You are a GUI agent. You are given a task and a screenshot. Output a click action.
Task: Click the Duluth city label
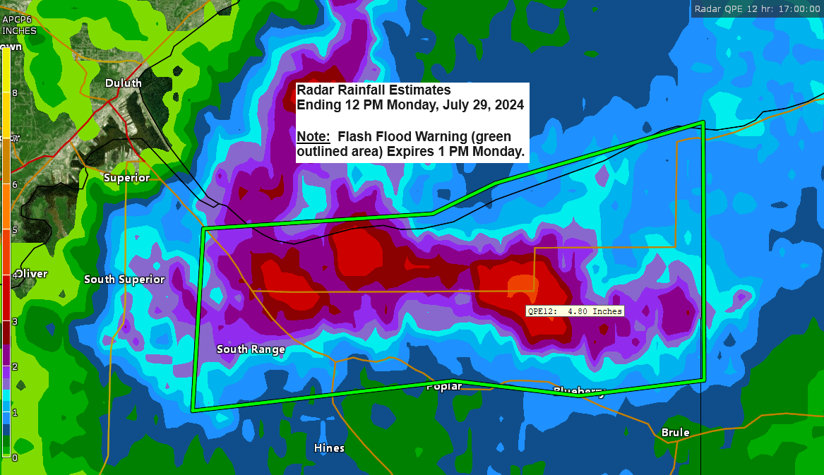[x=123, y=83]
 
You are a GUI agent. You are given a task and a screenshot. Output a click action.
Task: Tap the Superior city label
[x=126, y=178]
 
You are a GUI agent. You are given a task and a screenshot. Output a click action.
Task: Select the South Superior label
[x=124, y=279]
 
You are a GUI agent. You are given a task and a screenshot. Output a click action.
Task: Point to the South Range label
[x=251, y=349]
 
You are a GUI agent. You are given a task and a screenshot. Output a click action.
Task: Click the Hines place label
[x=329, y=448]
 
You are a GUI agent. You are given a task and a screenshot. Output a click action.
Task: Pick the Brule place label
[x=675, y=433]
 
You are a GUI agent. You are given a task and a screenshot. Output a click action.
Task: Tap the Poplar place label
[x=444, y=387]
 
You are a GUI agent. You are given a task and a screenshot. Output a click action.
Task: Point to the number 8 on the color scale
[x=14, y=93]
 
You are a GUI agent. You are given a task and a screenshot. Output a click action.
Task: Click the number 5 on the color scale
[x=14, y=230]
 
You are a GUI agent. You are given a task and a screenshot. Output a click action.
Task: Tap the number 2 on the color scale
[x=14, y=366]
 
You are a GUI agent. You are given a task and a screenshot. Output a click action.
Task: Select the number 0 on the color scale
[x=14, y=457]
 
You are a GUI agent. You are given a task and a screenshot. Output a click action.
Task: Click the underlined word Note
[x=311, y=136]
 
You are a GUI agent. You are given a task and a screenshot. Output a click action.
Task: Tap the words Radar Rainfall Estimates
[x=374, y=90]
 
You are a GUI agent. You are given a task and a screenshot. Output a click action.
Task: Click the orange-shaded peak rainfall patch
[x=521, y=284]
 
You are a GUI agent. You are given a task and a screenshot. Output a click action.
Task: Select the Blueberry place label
[x=579, y=392]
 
